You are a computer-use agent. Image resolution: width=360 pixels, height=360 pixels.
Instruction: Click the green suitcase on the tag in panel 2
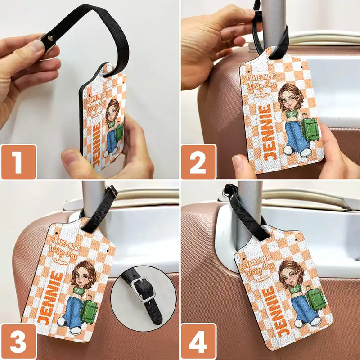(310, 128)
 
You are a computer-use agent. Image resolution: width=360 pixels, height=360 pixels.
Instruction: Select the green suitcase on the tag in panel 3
(89, 310)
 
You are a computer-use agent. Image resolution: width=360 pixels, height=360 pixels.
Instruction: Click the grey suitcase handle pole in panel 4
(249, 211)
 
